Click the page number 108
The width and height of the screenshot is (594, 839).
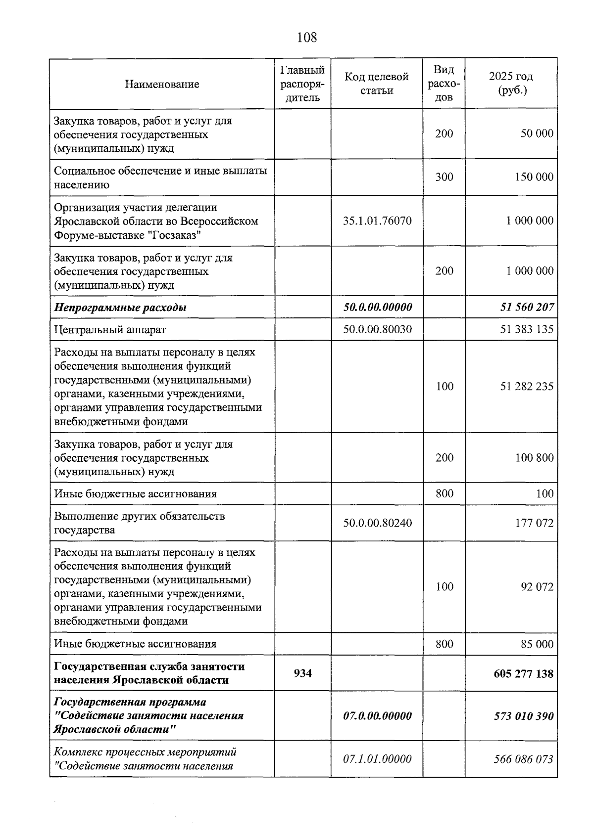point(306,37)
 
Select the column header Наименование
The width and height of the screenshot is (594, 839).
point(162,84)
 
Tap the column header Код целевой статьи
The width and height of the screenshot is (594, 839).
point(376,84)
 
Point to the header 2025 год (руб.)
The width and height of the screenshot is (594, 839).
point(511,84)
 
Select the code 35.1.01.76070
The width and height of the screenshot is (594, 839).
point(377,221)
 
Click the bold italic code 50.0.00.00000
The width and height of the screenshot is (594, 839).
point(377,307)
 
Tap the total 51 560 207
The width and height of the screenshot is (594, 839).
point(527,307)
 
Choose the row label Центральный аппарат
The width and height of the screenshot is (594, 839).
point(110,329)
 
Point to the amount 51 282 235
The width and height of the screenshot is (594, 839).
point(527,386)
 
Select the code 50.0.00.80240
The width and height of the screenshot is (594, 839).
point(377,523)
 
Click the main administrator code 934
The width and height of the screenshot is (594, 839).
point(302,673)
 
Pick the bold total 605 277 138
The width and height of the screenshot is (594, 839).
point(523,673)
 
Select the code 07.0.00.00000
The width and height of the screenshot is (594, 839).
point(377,716)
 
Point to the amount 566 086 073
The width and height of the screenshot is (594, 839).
point(523,759)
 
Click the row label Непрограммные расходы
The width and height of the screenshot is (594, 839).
point(120,308)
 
